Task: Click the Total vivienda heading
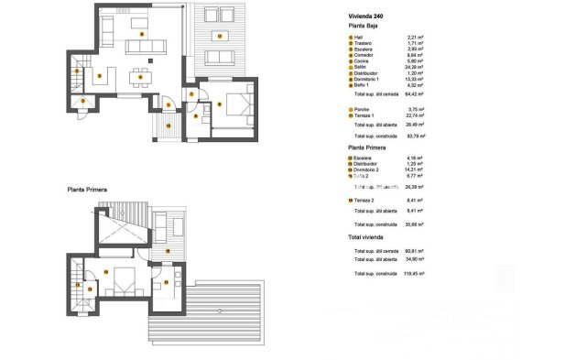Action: point(366,237)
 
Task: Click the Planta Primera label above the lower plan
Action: point(87,190)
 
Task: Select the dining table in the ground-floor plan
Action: point(139,74)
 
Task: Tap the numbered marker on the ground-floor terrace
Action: point(221,34)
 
